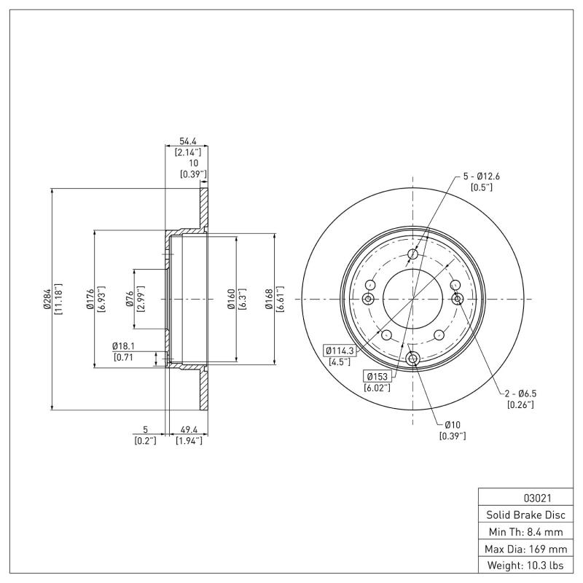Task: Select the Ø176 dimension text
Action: [x=90, y=299]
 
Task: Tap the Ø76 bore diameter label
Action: [x=129, y=299]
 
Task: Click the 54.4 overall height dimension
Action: [x=187, y=141]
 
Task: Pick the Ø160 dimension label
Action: [x=231, y=299]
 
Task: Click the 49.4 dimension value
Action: [x=190, y=430]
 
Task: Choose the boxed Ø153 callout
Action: [x=377, y=376]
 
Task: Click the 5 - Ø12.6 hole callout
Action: [x=482, y=176]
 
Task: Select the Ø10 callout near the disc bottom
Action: [x=452, y=425]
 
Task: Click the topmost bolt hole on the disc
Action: [x=413, y=254]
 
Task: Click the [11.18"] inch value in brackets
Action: [x=58, y=299]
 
